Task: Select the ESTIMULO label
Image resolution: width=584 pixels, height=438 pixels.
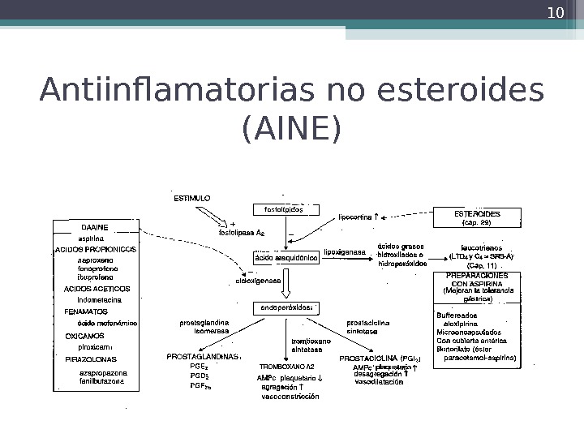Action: pos(193,197)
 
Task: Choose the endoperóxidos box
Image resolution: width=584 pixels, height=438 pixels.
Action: pos(287,308)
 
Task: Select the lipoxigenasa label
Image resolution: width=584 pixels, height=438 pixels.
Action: pos(345,252)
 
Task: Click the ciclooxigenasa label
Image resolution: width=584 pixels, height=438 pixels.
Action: pos(258,280)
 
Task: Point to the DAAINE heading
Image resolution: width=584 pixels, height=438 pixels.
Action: pos(94,228)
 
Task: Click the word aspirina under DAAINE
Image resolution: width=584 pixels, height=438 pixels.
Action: pos(90,238)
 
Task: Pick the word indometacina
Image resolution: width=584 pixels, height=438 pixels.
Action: pos(100,299)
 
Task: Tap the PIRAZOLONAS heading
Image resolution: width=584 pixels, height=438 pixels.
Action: pos(91,359)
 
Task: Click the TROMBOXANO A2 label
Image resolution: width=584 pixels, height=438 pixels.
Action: pos(286,367)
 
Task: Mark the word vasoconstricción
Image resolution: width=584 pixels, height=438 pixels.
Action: pos(290,397)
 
